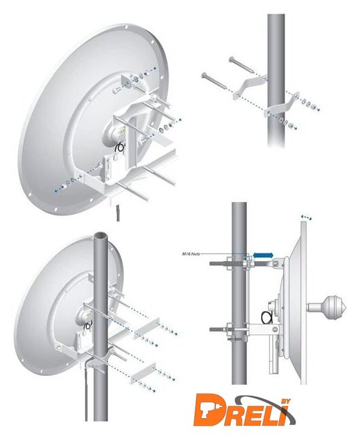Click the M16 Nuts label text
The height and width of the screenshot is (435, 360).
191,254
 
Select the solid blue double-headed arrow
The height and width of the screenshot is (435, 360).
264,255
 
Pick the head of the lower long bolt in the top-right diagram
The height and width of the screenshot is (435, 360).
204,75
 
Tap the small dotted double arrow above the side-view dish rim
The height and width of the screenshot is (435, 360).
306,217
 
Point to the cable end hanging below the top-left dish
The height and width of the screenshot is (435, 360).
118,213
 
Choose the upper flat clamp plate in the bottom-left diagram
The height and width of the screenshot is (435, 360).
147,328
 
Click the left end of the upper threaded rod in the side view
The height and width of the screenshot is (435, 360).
211,262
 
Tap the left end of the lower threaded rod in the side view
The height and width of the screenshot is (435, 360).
211,330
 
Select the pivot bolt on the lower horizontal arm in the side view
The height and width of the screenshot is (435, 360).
275,329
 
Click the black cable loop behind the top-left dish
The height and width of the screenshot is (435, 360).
121,147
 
